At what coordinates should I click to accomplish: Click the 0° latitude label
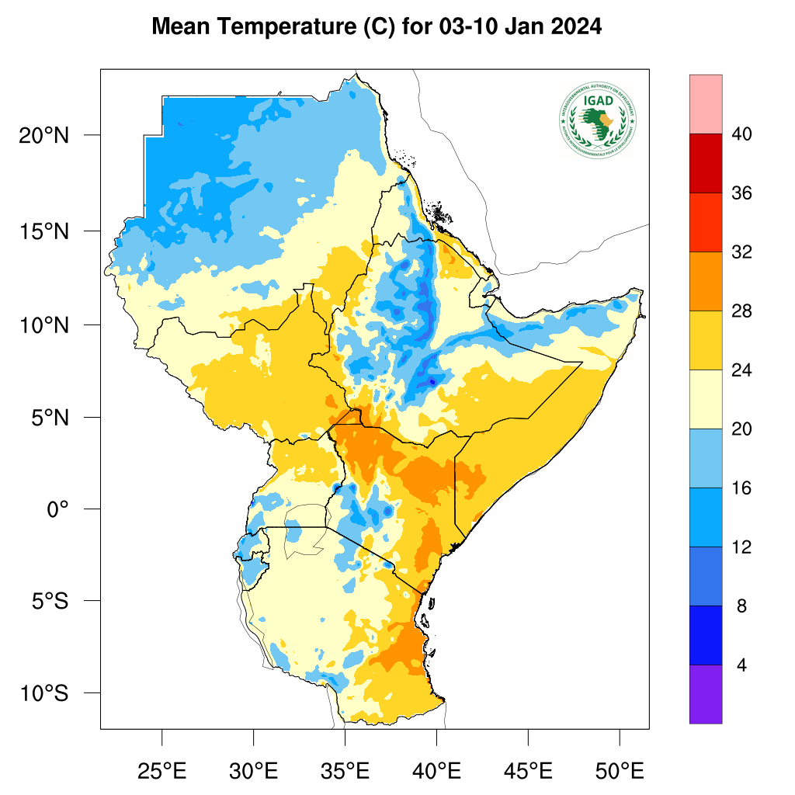click(x=58, y=509)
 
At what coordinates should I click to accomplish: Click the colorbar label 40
click(x=741, y=134)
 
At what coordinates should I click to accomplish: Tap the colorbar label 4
click(x=741, y=665)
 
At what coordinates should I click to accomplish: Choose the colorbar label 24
click(x=741, y=370)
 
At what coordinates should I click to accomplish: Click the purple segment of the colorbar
click(x=705, y=694)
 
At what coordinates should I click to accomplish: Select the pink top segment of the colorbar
click(x=705, y=104)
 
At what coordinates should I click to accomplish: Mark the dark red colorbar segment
click(x=705, y=163)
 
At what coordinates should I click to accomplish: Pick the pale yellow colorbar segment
click(x=705, y=399)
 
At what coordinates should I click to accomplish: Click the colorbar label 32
click(x=741, y=252)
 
